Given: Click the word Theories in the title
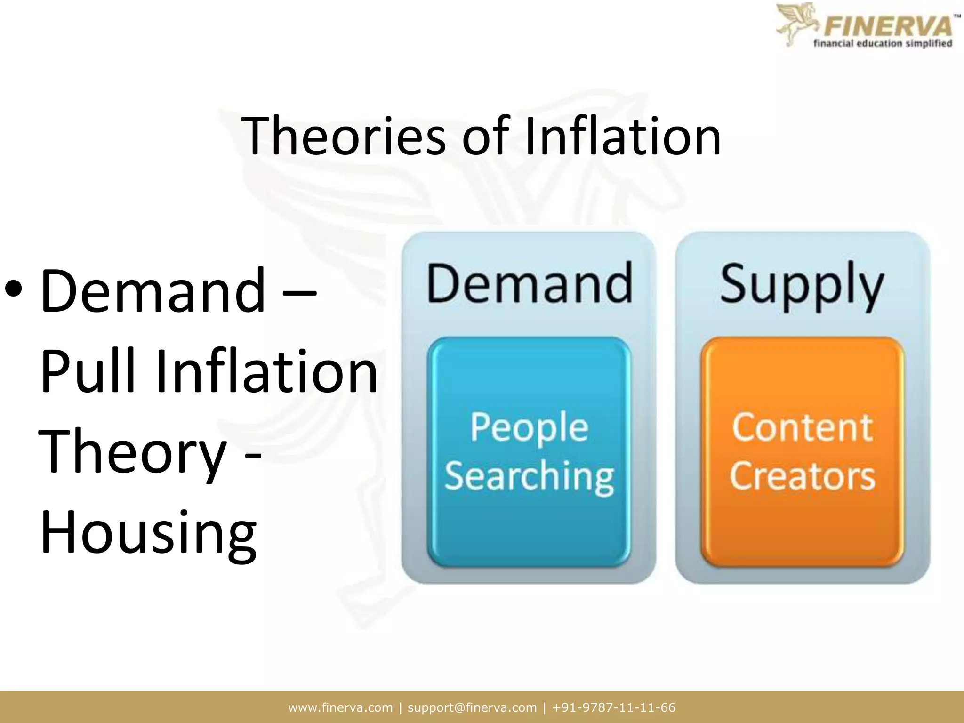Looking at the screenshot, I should tap(343, 137).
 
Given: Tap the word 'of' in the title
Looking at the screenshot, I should tap(486, 137).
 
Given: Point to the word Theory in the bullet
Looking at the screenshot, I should tap(134, 453).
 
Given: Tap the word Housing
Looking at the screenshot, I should tap(149, 533).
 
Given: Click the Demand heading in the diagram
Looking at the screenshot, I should tap(529, 284).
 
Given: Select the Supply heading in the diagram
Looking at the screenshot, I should tap(802, 285).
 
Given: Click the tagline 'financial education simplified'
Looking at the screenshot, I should tap(883, 43).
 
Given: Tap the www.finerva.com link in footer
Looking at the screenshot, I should tap(340, 707).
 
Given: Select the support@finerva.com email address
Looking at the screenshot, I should tap(472, 707).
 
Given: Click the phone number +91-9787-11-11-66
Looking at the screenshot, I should tap(614, 707).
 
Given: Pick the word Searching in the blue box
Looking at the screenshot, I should tap(529, 476).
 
